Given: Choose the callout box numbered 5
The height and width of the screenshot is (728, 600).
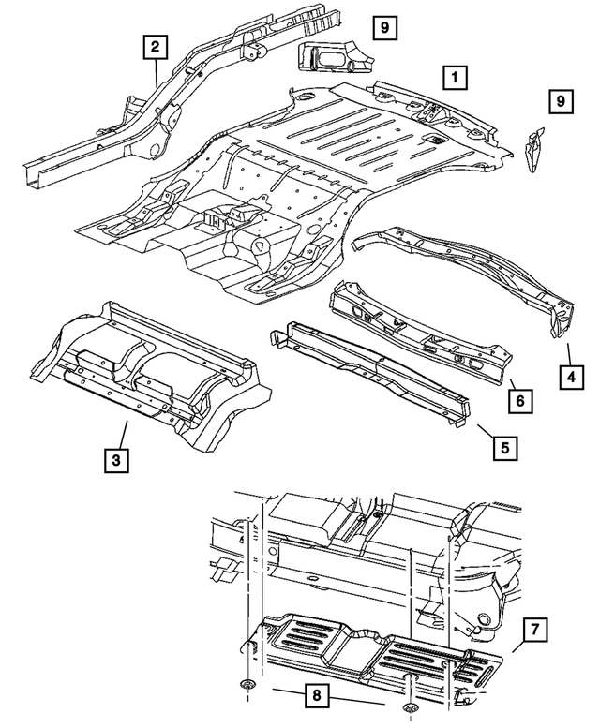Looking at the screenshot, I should point(504,446).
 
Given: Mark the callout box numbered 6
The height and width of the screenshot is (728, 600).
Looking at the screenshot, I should point(522,400).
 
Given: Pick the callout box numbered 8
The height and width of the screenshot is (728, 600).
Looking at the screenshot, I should point(321,695).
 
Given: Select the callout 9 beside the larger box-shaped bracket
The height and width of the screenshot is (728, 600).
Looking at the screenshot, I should point(384,28).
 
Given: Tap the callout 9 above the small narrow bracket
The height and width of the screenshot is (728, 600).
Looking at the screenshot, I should point(560,100).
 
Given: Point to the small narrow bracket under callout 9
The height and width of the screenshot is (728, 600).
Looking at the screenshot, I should point(534,151).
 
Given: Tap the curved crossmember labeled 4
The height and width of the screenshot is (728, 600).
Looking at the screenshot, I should point(469,272).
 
